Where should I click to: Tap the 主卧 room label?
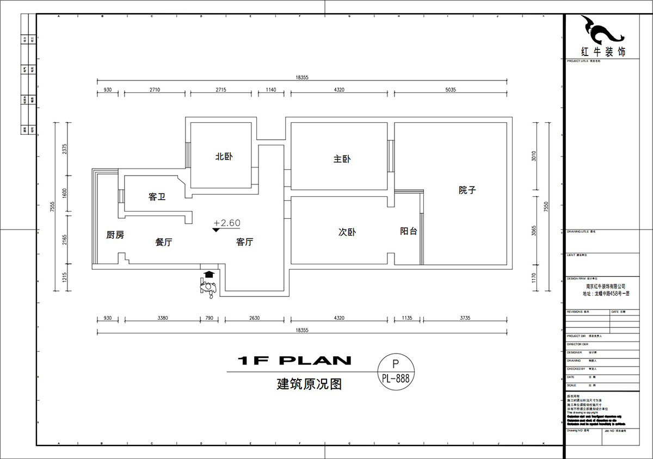click(x=342, y=159)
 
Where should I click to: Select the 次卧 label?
click(x=347, y=232)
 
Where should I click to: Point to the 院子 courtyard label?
click(x=467, y=190)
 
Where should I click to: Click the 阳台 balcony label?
click(x=409, y=231)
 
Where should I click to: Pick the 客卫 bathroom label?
click(x=157, y=197)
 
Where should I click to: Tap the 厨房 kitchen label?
click(x=115, y=235)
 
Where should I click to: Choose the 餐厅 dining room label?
click(x=164, y=243)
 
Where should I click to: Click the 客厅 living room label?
click(x=244, y=242)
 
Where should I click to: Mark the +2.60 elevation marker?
click(x=227, y=224)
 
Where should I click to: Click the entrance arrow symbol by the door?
click(x=207, y=275)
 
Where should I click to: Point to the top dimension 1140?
click(x=270, y=90)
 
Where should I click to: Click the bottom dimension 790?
click(x=209, y=318)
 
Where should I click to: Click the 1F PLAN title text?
click(x=294, y=360)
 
